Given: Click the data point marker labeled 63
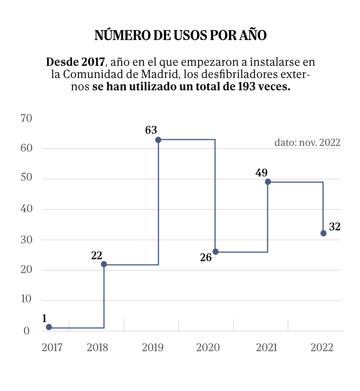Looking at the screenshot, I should coord(158,140).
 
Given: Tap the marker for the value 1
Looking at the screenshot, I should coord(49,327).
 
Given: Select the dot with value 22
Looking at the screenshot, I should coord(103,264).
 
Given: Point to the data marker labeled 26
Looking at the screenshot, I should coord(215,251).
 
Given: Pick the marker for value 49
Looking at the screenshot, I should coord(268,182).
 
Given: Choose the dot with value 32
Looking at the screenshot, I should coord(323,233).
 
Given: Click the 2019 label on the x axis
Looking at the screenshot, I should coord(152,348).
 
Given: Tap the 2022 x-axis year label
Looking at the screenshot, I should coord(322,348).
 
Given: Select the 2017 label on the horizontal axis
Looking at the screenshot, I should coord(52,348).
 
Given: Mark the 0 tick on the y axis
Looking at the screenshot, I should coord(26,331).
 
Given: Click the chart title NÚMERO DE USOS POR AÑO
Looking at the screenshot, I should coord(180,35).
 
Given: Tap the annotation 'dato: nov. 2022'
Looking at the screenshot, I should coord(307,143).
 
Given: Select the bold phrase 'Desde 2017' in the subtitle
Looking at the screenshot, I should coord(75,62).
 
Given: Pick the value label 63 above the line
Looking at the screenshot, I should coord(151,130).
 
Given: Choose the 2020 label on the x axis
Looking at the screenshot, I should coord(208,348).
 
